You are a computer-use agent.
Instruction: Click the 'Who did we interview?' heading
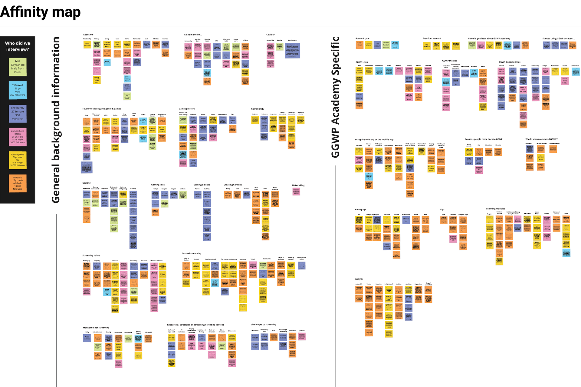[x=18, y=46]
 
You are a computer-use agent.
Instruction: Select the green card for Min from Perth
[x=18, y=67]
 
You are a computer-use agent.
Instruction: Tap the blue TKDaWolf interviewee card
[x=18, y=90]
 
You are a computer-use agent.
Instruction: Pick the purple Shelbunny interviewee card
[x=18, y=113]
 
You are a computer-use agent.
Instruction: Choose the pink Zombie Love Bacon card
[x=18, y=137]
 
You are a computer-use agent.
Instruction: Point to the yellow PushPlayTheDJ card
[x=18, y=160]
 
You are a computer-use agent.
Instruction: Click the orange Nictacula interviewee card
[x=18, y=183]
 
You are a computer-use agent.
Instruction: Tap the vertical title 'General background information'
[x=56, y=120]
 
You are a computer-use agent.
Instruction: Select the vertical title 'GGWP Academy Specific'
[x=335, y=97]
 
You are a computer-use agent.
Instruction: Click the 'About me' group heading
[x=88, y=35]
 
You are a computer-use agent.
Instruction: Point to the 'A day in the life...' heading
[x=193, y=35]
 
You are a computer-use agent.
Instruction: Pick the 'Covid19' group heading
[x=270, y=35]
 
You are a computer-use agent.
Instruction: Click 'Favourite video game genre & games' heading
[x=102, y=109]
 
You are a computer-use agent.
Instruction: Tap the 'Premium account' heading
[x=432, y=38]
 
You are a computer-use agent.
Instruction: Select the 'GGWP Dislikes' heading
[x=450, y=61]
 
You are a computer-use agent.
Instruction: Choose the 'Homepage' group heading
[x=360, y=210]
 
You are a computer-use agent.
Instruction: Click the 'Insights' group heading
[x=359, y=279]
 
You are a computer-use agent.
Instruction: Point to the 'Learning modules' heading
[x=495, y=209]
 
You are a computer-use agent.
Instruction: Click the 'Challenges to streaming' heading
[x=264, y=325]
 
